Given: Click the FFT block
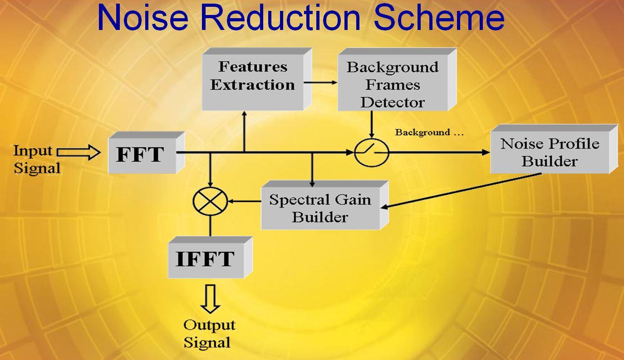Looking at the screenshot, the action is (x=146, y=153).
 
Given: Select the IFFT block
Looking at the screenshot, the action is (x=210, y=257).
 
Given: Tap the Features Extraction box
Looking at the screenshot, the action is (x=256, y=79).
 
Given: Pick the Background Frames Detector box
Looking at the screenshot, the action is (x=397, y=79).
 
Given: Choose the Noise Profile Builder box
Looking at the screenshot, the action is (x=554, y=149).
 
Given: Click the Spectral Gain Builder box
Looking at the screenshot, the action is (x=324, y=205).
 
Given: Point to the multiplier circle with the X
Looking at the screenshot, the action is (x=210, y=201).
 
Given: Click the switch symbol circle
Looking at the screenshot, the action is (x=372, y=153).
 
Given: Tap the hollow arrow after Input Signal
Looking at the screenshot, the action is (x=79, y=152).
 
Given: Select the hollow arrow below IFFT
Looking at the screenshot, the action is (x=210, y=299).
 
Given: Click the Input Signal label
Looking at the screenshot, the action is (x=37, y=159).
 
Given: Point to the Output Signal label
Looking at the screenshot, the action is (x=209, y=334).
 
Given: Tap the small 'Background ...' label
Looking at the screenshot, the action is (x=429, y=133).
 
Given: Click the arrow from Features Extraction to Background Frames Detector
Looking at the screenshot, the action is (x=321, y=83).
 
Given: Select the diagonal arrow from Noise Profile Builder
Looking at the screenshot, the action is (x=461, y=191).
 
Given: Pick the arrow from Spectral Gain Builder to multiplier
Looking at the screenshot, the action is (x=244, y=201).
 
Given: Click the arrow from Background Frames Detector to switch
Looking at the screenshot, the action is (x=372, y=124).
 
